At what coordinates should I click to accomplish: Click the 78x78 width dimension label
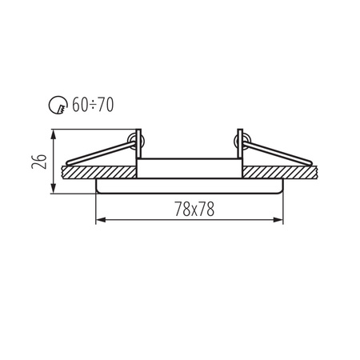(x=194, y=209)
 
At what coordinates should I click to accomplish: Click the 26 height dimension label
(x=39, y=161)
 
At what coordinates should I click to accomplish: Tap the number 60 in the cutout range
(x=80, y=104)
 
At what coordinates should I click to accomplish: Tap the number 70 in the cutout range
(x=106, y=104)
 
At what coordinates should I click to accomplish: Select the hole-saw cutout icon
(x=58, y=105)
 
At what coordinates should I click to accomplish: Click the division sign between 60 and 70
(x=93, y=105)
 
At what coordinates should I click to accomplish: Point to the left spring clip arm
(x=101, y=153)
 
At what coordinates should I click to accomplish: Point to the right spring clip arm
(x=278, y=153)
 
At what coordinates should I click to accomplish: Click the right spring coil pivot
(x=242, y=141)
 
